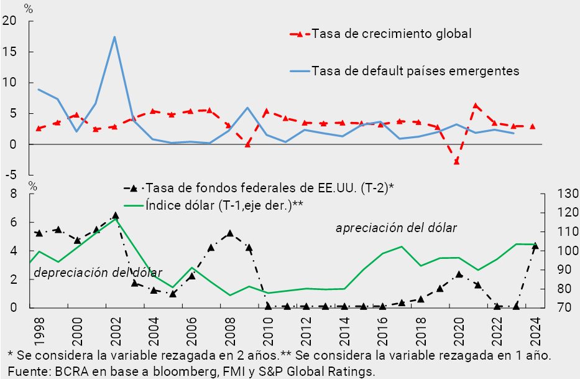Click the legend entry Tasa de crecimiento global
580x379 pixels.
[391, 34]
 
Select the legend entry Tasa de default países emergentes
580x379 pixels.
[415, 70]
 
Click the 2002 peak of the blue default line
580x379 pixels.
[114, 37]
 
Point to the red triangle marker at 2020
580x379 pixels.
[456, 161]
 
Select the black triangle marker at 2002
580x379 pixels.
[115, 216]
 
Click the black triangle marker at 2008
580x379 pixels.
[229, 233]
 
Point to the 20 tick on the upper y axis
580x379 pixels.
[11, 21]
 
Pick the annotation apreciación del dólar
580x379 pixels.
[396, 228]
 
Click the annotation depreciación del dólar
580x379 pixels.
[98, 273]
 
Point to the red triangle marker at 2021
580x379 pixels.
[476, 106]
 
